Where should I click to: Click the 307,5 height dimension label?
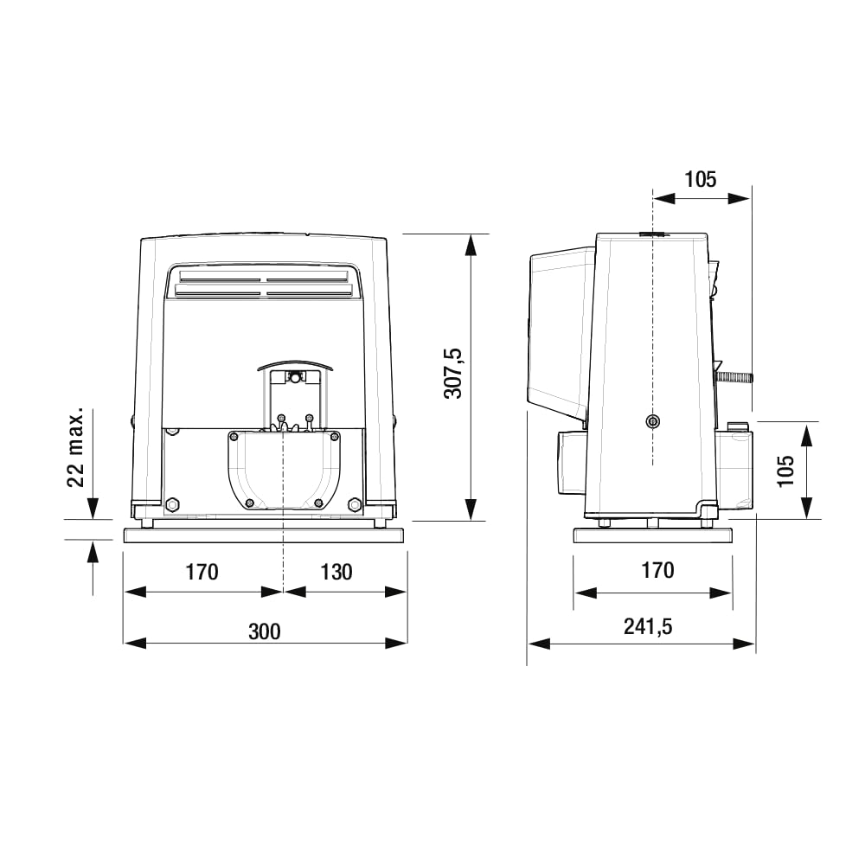[x=454, y=374]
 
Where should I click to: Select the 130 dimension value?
[x=336, y=572]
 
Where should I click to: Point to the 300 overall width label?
[x=265, y=631]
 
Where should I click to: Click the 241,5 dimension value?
[x=648, y=627]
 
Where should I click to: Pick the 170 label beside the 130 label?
[x=202, y=572]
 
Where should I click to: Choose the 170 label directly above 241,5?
[x=657, y=570]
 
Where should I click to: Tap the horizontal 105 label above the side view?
[x=701, y=179]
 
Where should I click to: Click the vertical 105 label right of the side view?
[x=785, y=471]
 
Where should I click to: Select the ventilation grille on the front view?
[x=266, y=286]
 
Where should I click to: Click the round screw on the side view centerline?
[x=651, y=421]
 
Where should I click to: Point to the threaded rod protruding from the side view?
[x=735, y=376]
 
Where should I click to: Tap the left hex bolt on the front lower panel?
[x=172, y=503]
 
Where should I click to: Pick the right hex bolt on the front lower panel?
[x=354, y=503]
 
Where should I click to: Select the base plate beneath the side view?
[x=653, y=535]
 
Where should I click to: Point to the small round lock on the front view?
[x=295, y=377]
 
